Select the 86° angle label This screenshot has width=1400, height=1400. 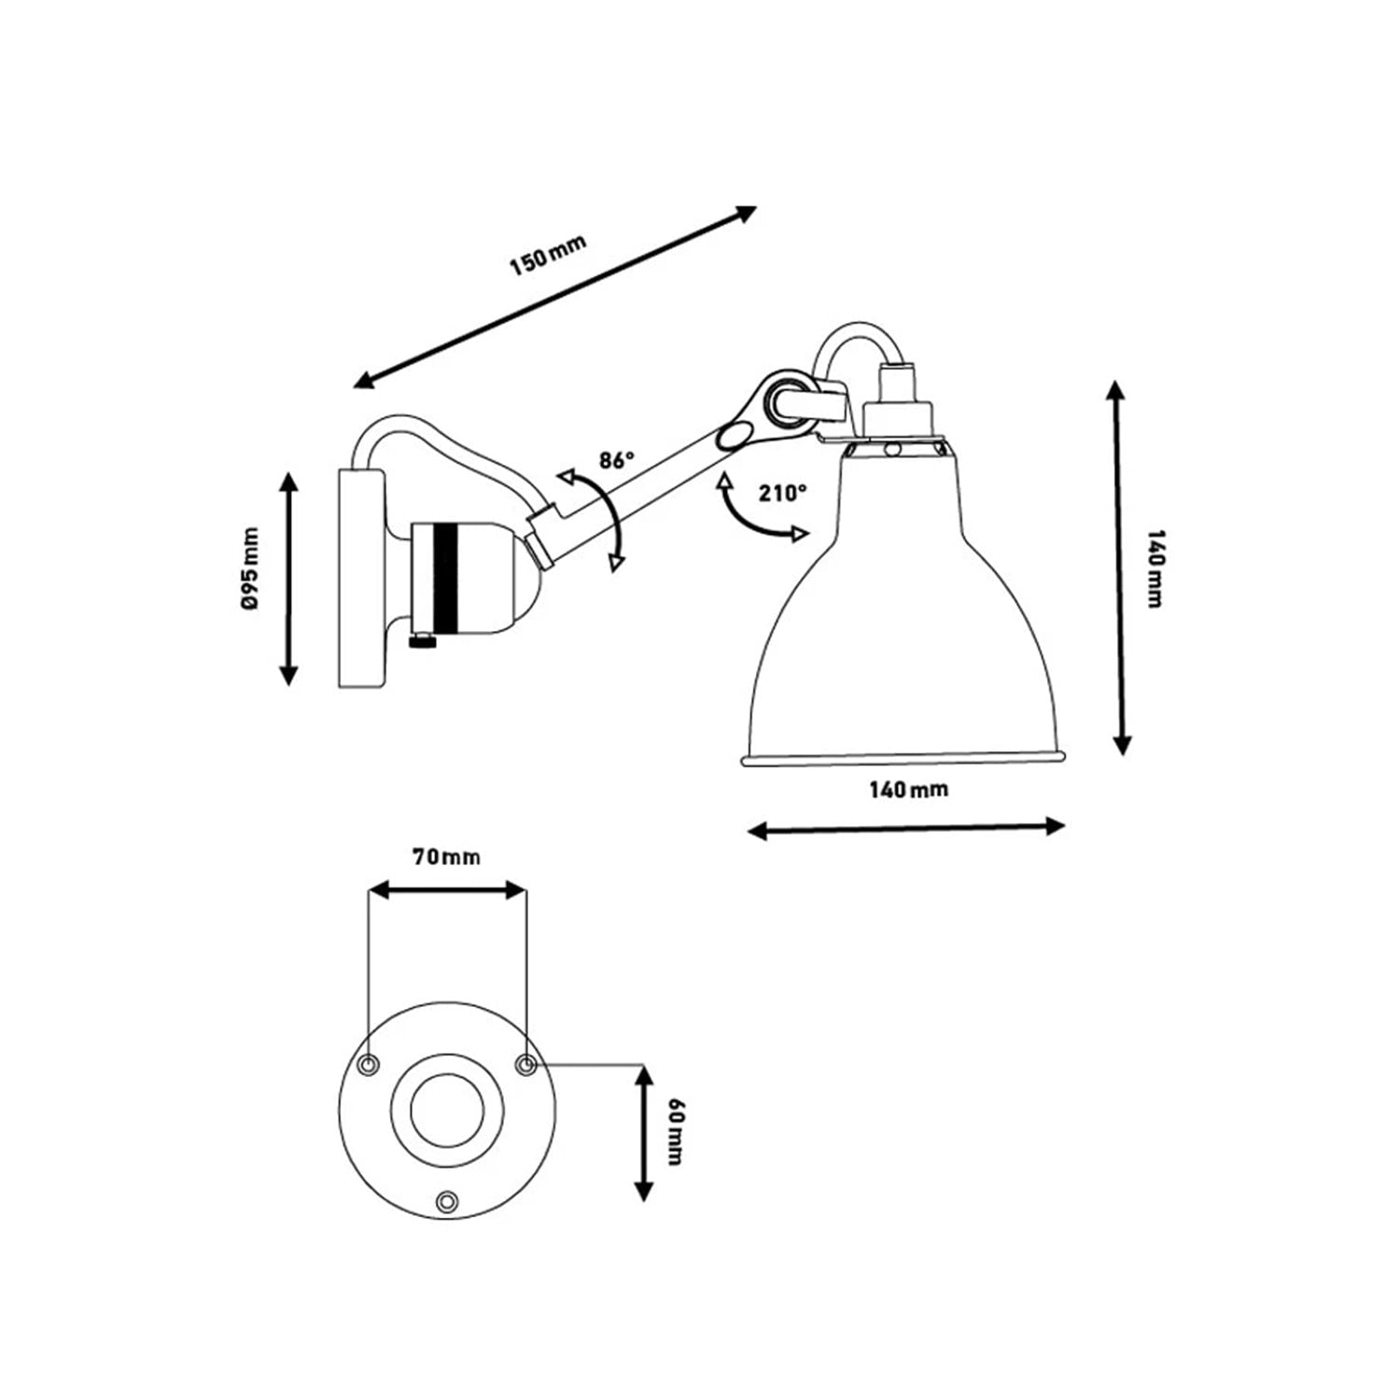tap(617, 459)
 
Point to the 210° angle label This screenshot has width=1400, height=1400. tap(782, 494)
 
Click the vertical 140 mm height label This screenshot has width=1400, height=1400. tap(1155, 568)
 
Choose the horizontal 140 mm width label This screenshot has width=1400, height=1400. tap(908, 790)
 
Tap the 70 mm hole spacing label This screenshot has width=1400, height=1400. tap(447, 857)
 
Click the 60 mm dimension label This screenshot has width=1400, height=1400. tap(676, 1133)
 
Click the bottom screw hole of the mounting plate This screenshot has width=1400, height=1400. tap(448, 1200)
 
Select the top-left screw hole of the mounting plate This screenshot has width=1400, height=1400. tap(370, 1065)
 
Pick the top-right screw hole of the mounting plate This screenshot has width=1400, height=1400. tap(526, 1065)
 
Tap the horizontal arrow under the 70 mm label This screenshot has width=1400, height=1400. tap(447, 889)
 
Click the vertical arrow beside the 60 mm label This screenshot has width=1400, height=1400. tap(643, 1133)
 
